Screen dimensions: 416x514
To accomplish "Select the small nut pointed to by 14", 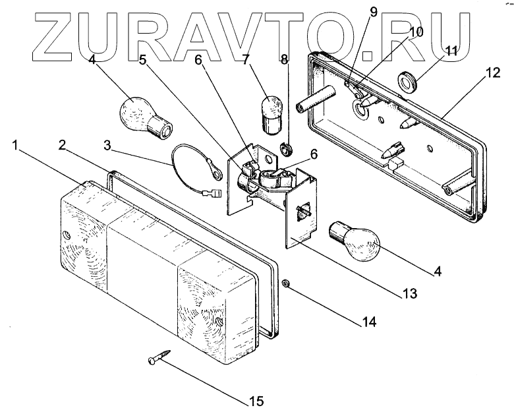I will (286, 283).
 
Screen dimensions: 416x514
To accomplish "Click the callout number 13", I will (410, 293).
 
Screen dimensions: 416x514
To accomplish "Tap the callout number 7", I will (245, 61).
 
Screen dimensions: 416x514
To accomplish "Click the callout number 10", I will (416, 31).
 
